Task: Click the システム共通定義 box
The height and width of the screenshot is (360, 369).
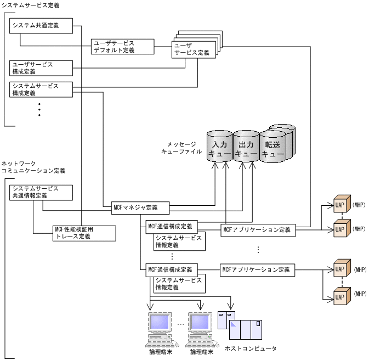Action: [x=41, y=25]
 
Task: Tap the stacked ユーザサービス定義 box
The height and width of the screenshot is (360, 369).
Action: [x=192, y=49]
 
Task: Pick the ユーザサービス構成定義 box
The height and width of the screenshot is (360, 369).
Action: [x=41, y=68]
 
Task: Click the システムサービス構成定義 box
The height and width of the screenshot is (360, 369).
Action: [x=41, y=89]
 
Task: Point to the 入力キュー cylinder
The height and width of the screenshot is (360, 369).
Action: [x=219, y=146]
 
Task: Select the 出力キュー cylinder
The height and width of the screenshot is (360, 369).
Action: [x=246, y=146]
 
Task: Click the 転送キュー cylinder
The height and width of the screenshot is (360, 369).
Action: [x=274, y=146]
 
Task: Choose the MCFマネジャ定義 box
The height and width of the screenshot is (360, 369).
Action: [x=140, y=207]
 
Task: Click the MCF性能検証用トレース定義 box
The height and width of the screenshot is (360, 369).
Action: [x=84, y=233]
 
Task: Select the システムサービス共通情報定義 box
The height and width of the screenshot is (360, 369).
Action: [x=41, y=192]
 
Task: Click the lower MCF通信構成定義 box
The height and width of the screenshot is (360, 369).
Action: [x=170, y=270]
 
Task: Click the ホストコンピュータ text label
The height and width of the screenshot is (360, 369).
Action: [x=251, y=348]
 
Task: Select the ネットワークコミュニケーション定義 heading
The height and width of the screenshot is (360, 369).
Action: [x=33, y=167]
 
